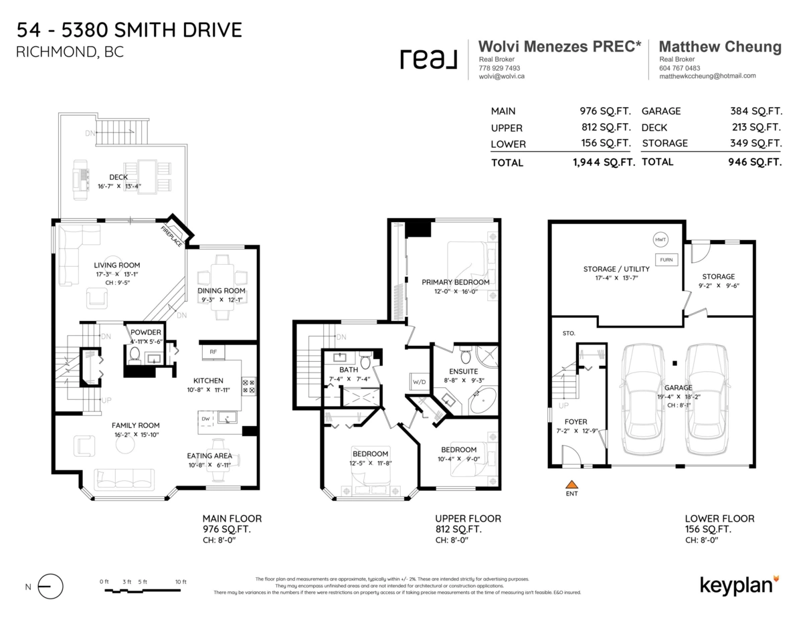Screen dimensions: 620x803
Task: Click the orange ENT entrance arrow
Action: point(571,484)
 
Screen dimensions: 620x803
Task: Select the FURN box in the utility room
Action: point(666,260)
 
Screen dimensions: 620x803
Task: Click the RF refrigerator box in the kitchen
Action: point(213,350)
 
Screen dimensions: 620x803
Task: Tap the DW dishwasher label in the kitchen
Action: point(205,419)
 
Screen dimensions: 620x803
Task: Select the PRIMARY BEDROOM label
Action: point(455,282)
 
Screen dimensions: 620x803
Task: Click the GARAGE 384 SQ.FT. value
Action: point(755,111)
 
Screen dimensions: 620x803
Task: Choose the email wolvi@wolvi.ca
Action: point(501,76)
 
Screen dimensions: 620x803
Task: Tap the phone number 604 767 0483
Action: point(679,68)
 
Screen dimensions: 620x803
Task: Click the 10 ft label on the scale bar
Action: point(180,582)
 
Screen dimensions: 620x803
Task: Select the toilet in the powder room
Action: point(134,353)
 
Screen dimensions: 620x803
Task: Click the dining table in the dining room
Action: point(221,275)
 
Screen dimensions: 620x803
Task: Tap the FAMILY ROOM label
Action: point(135,425)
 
